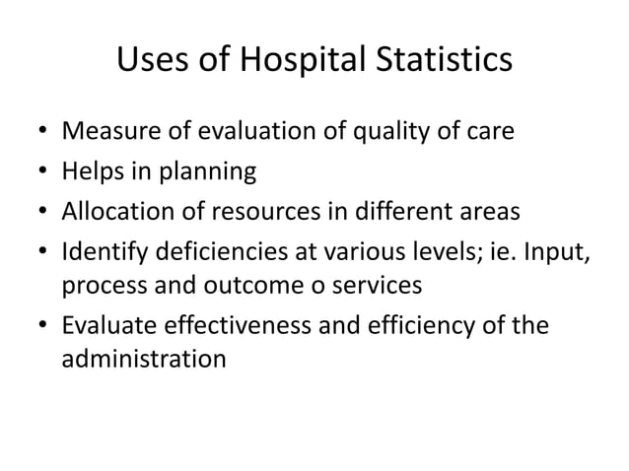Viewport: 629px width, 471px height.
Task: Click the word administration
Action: [x=143, y=360]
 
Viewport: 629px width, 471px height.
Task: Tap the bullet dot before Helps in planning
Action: [x=37, y=173]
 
